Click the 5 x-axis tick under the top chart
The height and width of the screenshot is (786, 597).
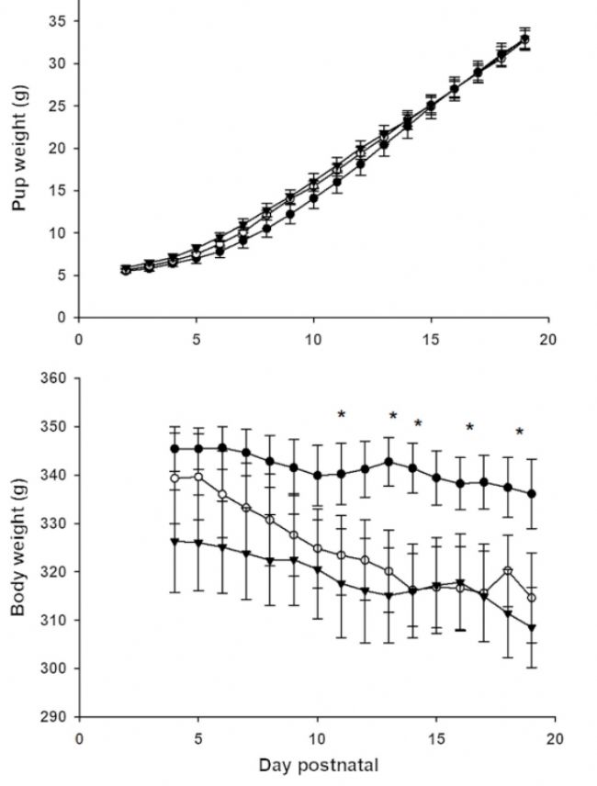[196, 338]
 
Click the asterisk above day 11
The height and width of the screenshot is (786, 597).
[341, 416]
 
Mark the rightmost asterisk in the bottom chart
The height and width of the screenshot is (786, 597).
[519, 432]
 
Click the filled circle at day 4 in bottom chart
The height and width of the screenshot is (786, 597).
[175, 448]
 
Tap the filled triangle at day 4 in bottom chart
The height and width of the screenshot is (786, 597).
[175, 541]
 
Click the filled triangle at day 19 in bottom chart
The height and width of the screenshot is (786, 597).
[531, 628]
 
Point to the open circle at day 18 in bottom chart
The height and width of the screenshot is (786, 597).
[507, 571]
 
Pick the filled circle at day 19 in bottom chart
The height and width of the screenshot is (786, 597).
[531, 493]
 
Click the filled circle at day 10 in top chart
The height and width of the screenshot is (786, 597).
[313, 198]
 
